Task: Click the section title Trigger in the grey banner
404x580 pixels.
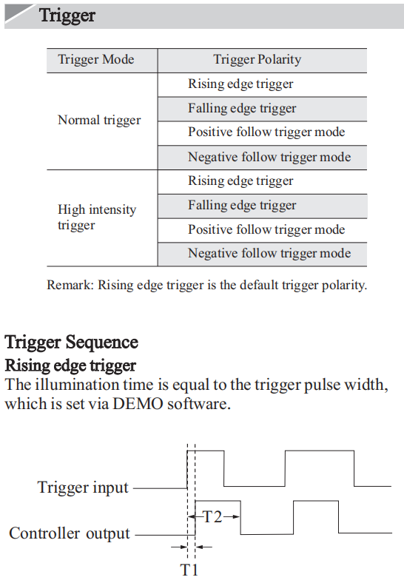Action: point(67,16)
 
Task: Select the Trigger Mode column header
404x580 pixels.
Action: point(96,59)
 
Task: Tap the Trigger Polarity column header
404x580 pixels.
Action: point(257,59)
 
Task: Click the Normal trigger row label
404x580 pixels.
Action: point(99,120)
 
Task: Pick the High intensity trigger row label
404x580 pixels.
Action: point(97,217)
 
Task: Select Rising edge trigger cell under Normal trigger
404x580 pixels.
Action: point(240,84)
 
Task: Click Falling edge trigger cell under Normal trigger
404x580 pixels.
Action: point(242,108)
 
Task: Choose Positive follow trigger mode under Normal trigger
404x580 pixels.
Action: point(266,132)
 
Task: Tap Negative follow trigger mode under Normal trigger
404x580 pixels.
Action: point(269,157)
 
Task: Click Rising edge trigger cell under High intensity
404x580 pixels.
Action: point(240,181)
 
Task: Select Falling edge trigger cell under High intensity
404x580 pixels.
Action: point(242,206)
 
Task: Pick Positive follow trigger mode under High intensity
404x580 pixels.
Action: point(266,229)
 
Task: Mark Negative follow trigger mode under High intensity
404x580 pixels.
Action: point(269,253)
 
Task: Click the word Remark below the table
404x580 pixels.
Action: point(70,286)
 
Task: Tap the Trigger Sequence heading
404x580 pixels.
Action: point(71,342)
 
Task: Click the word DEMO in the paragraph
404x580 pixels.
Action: point(138,404)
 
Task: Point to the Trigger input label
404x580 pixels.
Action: point(83,488)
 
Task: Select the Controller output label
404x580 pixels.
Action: point(70,533)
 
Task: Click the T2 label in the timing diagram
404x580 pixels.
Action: point(213,516)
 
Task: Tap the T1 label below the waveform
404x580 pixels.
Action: point(189,570)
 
